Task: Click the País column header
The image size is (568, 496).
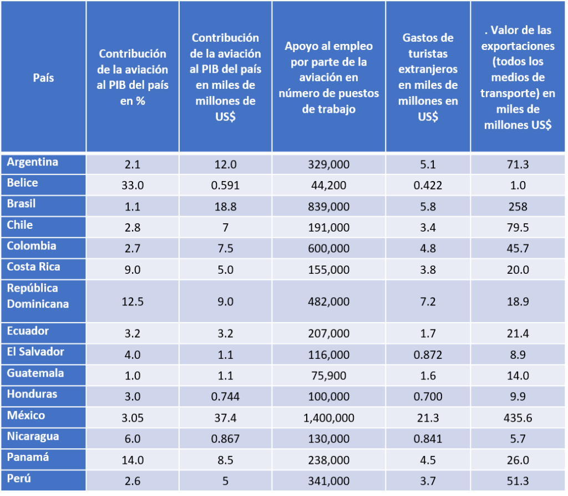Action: pyautogui.click(x=43, y=78)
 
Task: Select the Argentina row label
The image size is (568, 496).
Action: pyautogui.click(x=33, y=162)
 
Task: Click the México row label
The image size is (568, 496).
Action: pyautogui.click(x=26, y=415)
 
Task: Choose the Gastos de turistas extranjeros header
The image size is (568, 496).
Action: pyautogui.click(x=428, y=77)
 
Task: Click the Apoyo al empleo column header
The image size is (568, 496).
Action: pyautogui.click(x=328, y=77)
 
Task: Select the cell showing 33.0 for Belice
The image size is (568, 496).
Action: pyautogui.click(x=133, y=186)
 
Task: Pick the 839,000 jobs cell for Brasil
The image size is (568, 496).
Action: pyautogui.click(x=328, y=207)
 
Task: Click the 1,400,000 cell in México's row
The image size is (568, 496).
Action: pyautogui.click(x=328, y=418)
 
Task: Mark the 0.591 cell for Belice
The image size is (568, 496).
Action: pyautogui.click(x=225, y=186)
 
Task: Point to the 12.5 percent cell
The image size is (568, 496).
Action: pyautogui.click(x=133, y=301)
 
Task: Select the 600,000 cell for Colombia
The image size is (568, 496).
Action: pyautogui.click(x=328, y=249)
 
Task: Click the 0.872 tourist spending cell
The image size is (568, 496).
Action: pyautogui.click(x=428, y=354)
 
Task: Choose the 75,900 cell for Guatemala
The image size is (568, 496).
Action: pyautogui.click(x=328, y=375)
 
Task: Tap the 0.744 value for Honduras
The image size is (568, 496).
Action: pyautogui.click(x=225, y=397)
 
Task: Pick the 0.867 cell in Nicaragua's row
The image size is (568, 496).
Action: pyautogui.click(x=225, y=439)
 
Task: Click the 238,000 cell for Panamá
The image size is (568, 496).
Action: pyautogui.click(x=328, y=460)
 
